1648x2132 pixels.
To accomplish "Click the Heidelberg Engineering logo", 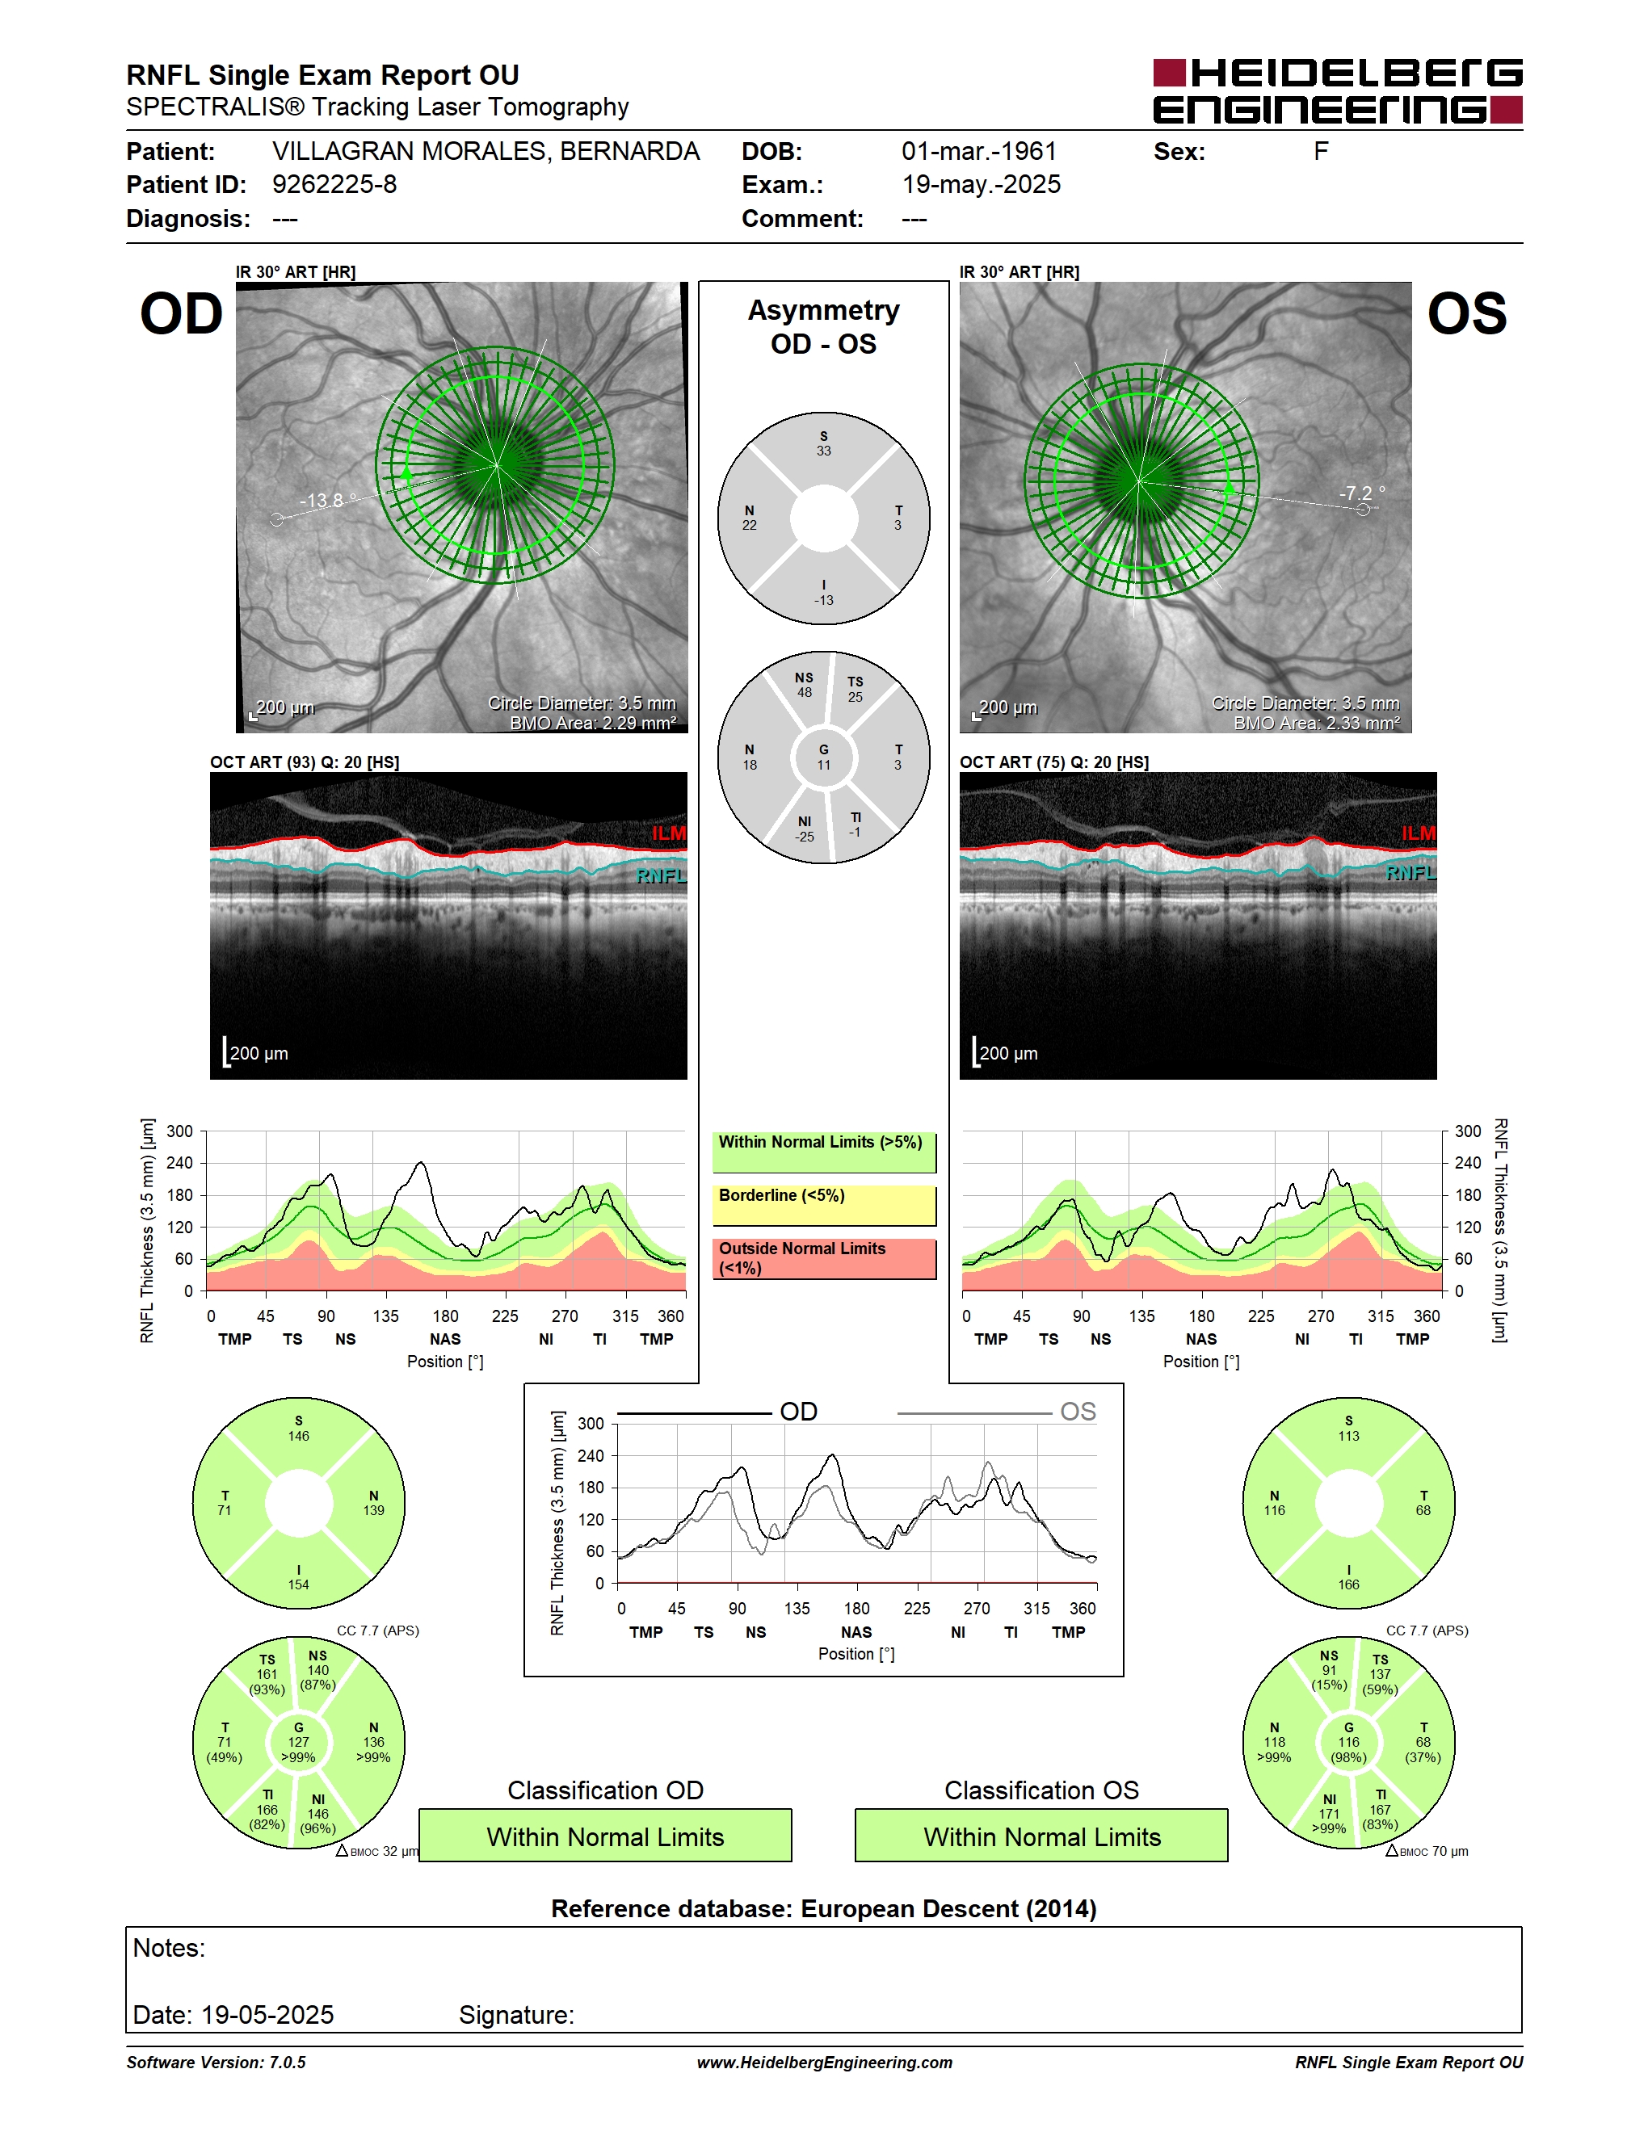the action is pos(1338,92).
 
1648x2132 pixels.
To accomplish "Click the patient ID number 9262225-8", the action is pos(334,184).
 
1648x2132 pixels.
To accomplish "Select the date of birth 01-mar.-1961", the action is pos(979,151).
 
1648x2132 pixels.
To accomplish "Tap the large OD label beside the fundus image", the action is pos(182,314).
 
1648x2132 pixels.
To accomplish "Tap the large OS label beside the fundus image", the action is pos(1466,314).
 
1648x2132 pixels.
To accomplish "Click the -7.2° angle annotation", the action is pos(1362,493).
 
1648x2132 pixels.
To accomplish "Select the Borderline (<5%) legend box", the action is pos(824,1205).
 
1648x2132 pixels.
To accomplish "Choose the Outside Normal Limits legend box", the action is pos(824,1258).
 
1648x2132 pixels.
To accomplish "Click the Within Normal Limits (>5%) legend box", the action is pos(824,1152).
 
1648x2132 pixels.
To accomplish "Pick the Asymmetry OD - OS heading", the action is pos(824,327).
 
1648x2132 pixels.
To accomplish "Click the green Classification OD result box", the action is pos(605,1836).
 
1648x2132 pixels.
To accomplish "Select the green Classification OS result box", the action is pos(1042,1836).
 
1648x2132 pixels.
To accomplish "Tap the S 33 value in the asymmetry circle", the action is pos(824,443).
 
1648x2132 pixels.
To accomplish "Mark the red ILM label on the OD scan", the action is pos(669,833).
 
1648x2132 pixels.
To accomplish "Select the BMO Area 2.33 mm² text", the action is pos(1316,724).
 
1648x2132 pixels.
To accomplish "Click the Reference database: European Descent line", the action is pos(824,1908).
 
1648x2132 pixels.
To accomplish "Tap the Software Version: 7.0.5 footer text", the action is pos(216,2062).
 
